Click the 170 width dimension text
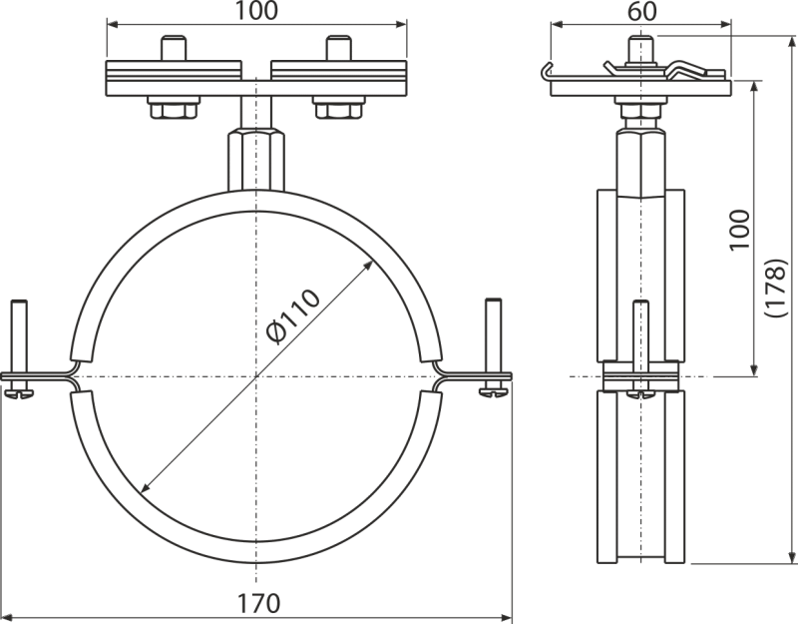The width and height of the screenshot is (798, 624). coord(256,603)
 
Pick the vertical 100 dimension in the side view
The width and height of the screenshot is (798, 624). coord(737,235)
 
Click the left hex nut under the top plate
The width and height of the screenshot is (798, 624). coord(173,105)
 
